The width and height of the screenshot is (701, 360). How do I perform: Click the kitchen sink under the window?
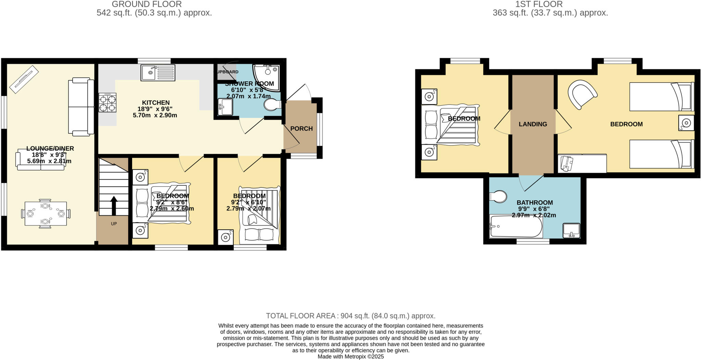tap(158, 73)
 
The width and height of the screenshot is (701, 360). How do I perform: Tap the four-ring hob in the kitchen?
tap(107, 103)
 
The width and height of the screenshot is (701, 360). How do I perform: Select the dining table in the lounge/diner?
tap(46, 214)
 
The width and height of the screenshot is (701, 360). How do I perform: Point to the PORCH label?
tap(301, 129)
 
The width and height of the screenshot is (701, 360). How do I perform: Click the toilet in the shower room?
tap(272, 105)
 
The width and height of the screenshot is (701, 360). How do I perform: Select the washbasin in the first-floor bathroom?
tap(571, 230)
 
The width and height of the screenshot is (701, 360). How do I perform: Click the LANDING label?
tap(533, 124)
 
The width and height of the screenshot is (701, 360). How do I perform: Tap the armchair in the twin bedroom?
tap(582, 94)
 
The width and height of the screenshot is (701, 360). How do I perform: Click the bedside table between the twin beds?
tap(686, 123)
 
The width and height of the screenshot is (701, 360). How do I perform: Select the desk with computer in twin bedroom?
tap(582, 164)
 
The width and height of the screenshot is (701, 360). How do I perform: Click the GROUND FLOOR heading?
tap(146, 4)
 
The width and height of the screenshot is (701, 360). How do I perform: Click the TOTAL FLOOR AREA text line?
tap(350, 316)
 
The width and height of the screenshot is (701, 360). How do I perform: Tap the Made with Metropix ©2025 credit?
tap(350, 357)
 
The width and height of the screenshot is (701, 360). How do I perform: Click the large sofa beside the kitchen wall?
tap(81, 106)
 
